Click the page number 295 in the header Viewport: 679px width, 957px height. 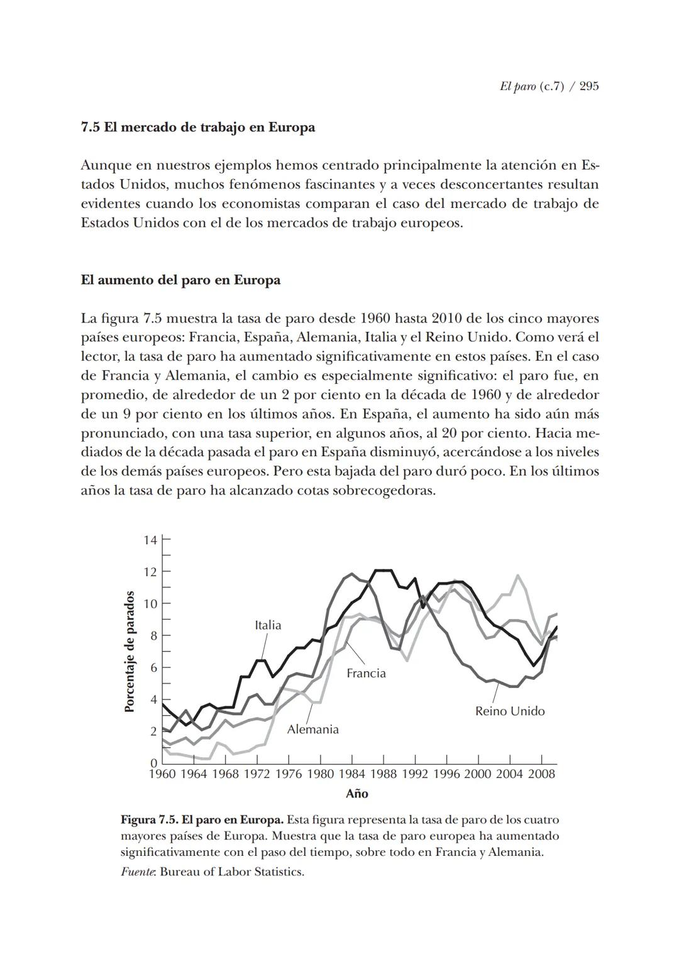(x=588, y=87)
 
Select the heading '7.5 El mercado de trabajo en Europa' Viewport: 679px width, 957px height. (x=198, y=128)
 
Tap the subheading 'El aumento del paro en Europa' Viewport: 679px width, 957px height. (x=180, y=280)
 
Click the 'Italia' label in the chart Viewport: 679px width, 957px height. (x=268, y=625)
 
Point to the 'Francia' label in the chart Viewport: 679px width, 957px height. (x=366, y=674)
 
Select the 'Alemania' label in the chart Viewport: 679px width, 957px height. (x=312, y=730)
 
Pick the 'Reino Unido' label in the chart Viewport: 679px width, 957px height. (x=509, y=711)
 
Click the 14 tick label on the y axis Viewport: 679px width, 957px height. (x=150, y=540)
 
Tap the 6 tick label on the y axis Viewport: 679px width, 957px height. (x=153, y=668)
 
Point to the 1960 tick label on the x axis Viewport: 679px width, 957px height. (x=162, y=774)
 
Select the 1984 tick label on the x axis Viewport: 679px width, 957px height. (x=351, y=774)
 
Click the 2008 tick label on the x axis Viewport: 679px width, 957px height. (x=541, y=774)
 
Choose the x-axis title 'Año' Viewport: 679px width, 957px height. (x=356, y=794)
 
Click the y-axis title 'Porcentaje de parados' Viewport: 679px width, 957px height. (x=130, y=652)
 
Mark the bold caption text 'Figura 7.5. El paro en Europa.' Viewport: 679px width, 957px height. (x=202, y=820)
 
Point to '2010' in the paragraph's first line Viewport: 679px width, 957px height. (x=450, y=319)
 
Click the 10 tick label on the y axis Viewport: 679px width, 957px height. (x=150, y=604)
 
